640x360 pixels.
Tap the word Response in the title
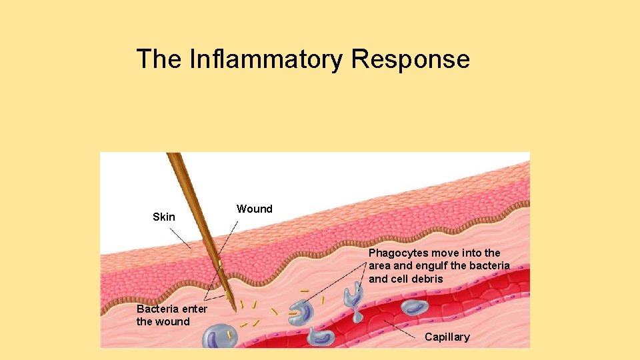(x=410, y=59)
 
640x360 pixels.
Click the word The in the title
(x=159, y=59)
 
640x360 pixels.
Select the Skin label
(x=164, y=217)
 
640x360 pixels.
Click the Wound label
(x=254, y=209)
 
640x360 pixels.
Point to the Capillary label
(x=447, y=337)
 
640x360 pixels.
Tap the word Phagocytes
(x=398, y=253)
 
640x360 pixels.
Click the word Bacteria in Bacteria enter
(x=157, y=309)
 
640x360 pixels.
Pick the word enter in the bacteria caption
(x=194, y=309)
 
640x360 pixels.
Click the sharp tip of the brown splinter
(x=235, y=310)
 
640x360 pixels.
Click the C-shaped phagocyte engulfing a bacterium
(x=301, y=313)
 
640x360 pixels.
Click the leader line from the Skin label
(x=179, y=238)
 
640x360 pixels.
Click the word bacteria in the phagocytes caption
(x=489, y=265)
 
